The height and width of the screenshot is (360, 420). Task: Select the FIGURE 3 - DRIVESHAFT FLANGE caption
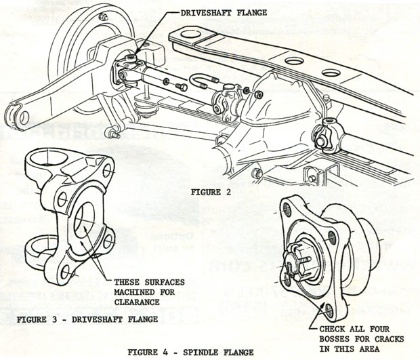click(x=86, y=318)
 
